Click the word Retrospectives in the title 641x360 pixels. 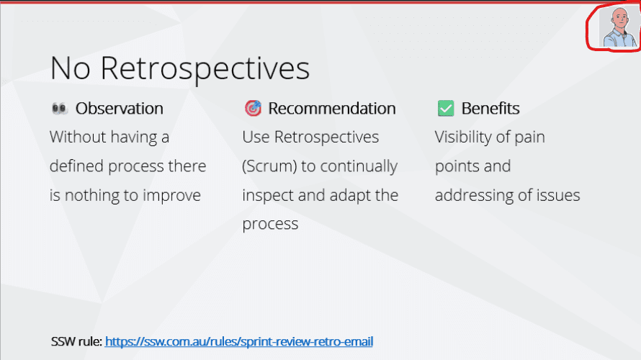pos(205,68)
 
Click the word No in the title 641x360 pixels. pos(70,68)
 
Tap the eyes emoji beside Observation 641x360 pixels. pos(59,108)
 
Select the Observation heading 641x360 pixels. pos(119,108)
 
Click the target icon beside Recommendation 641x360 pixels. pos(253,108)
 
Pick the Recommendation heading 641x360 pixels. pos(331,108)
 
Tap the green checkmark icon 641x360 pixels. pos(446,108)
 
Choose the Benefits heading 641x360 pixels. pos(490,108)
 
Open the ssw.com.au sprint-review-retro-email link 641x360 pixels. pos(238,341)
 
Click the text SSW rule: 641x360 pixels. pos(76,341)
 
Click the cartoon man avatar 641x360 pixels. pos(619,27)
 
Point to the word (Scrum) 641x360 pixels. pos(269,166)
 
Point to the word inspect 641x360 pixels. pos(268,195)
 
